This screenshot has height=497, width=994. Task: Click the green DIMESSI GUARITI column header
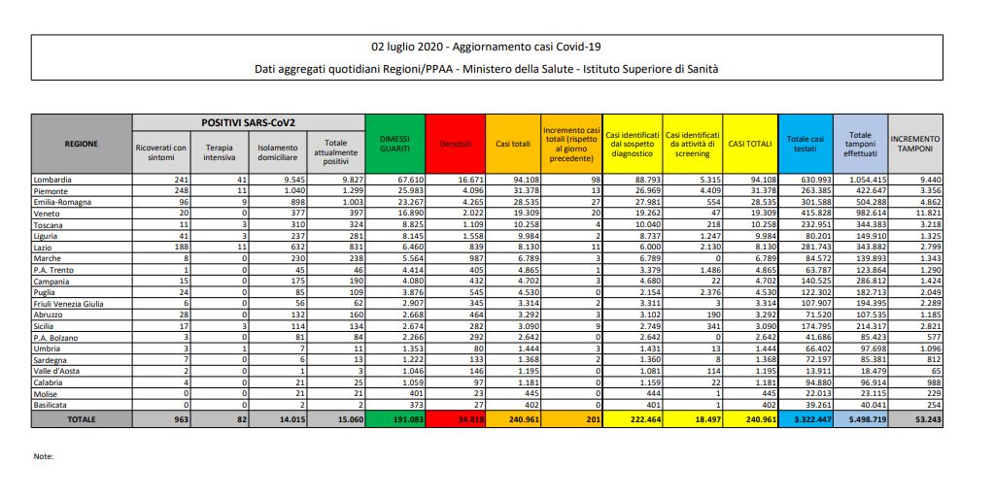[x=394, y=144]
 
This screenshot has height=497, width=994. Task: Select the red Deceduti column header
[x=455, y=144]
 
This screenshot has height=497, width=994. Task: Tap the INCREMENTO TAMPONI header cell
[x=914, y=144]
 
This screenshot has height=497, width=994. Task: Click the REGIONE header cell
[x=82, y=144]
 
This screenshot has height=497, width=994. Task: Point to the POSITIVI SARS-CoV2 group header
[x=248, y=123]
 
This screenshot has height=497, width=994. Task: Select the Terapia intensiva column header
[x=220, y=151]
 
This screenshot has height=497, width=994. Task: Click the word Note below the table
[x=44, y=455]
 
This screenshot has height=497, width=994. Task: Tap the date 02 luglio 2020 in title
[x=409, y=47]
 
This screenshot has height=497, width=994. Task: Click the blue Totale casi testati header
[x=803, y=144]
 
